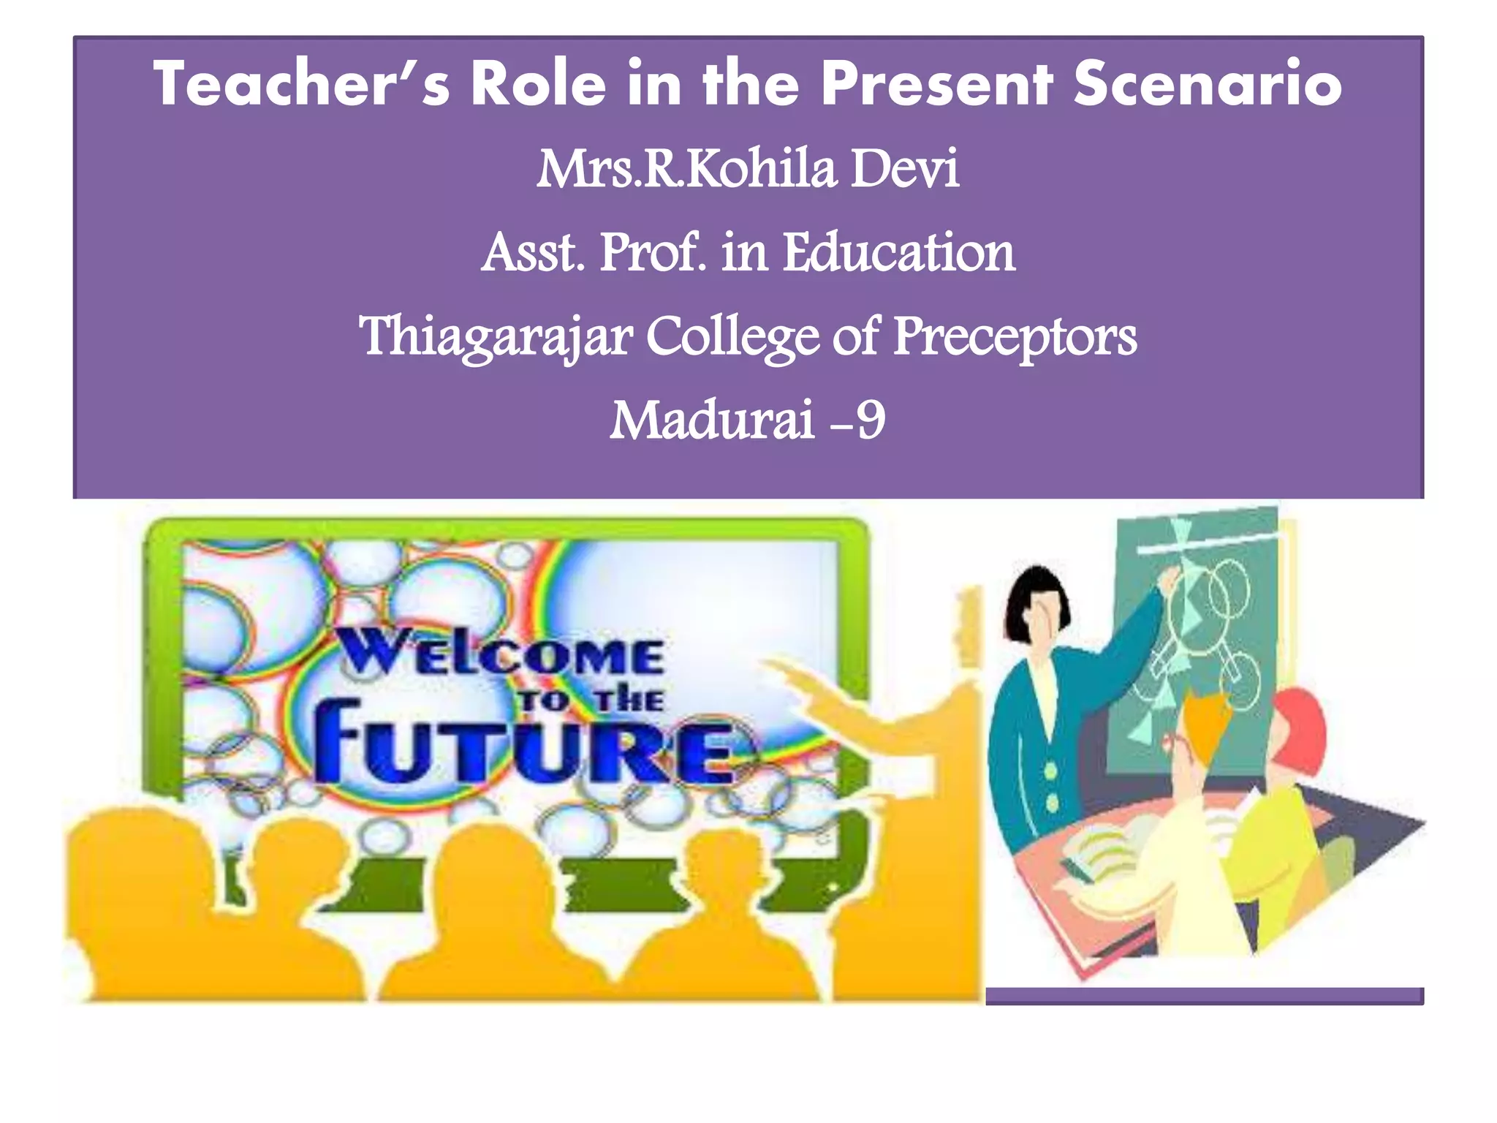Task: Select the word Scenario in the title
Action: (1207, 84)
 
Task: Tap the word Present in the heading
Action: (937, 84)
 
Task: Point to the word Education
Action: (898, 253)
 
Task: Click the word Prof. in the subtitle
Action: (653, 253)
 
